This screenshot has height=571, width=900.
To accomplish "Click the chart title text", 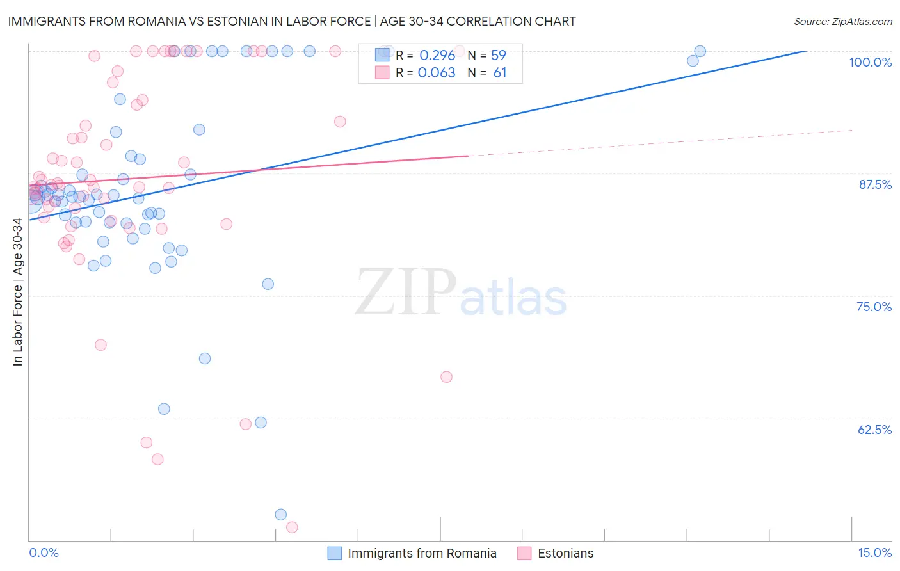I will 292,21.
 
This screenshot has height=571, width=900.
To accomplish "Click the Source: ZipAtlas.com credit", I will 842,21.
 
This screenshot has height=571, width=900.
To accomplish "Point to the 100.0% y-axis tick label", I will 870,62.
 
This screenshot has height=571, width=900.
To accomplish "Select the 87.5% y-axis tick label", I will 875,184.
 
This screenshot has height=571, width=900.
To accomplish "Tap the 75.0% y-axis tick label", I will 874,307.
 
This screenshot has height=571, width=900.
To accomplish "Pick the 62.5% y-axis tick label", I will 874,430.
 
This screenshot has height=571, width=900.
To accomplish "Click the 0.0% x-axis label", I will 44,552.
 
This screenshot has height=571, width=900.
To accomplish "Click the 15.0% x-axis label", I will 874,552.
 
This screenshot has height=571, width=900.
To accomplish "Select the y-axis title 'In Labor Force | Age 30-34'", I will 17,292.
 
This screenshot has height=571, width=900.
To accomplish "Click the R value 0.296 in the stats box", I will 437,55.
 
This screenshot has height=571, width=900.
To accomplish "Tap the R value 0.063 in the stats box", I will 437,73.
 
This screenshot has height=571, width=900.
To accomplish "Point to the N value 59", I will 498,55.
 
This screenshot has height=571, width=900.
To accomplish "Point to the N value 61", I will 499,73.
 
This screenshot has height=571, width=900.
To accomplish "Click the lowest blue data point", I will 280,515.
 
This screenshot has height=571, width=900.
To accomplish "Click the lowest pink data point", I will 292,527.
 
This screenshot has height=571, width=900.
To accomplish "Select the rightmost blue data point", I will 700,51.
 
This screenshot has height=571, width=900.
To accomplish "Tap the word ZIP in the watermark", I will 406,293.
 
